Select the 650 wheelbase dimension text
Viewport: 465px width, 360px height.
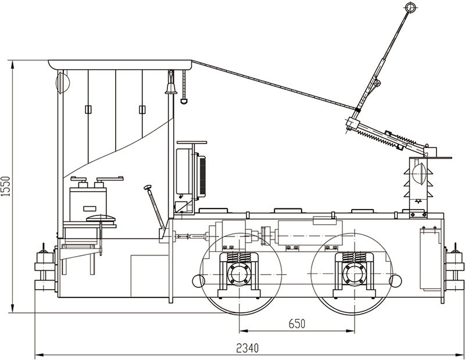(296, 323)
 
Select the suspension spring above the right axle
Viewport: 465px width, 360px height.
(352, 257)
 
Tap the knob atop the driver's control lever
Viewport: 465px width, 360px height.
(148, 187)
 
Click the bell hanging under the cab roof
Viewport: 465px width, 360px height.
(171, 88)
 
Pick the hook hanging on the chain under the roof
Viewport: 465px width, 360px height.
(184, 101)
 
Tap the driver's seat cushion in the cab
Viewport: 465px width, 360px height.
(100, 218)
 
